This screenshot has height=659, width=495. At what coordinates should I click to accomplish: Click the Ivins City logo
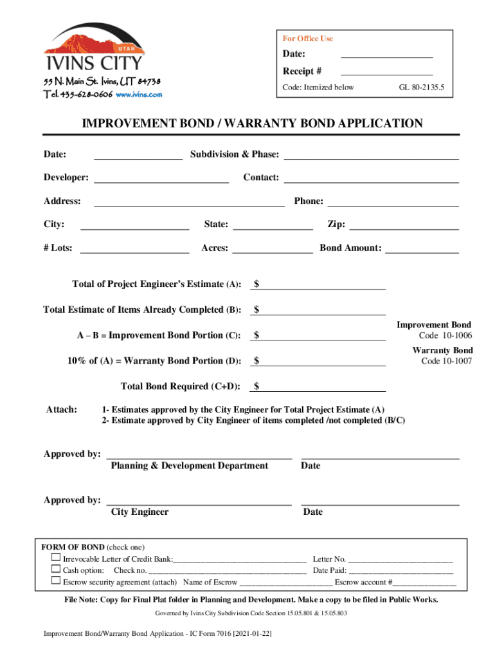pyautogui.click(x=94, y=48)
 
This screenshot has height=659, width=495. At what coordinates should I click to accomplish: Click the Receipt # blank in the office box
pyautogui.click(x=386, y=72)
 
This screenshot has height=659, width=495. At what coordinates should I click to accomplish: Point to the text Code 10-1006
pyautogui.click(x=446, y=336)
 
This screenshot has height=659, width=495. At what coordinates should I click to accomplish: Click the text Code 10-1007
pyautogui.click(x=447, y=361)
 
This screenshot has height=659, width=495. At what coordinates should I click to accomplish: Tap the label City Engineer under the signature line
pyautogui.click(x=139, y=512)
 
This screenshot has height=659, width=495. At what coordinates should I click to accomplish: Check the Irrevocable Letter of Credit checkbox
pyautogui.click(x=56, y=558)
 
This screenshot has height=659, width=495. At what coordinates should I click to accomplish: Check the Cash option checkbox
pyautogui.click(x=56, y=570)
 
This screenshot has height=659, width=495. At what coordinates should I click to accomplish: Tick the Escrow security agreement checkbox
pyautogui.click(x=56, y=581)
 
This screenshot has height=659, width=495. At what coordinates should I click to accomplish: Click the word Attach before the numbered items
pyautogui.click(x=62, y=410)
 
